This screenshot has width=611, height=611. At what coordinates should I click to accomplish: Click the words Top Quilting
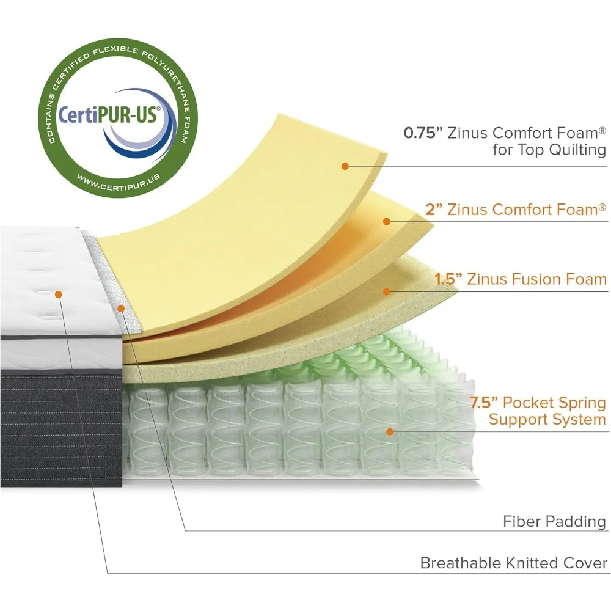click(x=561, y=150)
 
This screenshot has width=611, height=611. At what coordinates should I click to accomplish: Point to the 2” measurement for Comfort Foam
click(x=434, y=210)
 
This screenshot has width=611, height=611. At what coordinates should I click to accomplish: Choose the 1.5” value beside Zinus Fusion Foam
click(x=448, y=279)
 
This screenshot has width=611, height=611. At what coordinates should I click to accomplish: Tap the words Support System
click(x=547, y=419)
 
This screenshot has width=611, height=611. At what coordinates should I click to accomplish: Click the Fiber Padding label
click(x=554, y=522)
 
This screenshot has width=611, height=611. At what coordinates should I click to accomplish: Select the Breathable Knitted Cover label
click(x=514, y=563)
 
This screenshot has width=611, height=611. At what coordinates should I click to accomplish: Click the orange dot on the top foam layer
click(x=345, y=166)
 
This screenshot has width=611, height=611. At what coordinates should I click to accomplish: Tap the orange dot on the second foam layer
click(x=386, y=221)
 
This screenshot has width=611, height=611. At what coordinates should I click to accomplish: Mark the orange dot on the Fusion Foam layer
click(x=386, y=291)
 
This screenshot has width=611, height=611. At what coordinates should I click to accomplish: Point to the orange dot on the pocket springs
click(x=389, y=431)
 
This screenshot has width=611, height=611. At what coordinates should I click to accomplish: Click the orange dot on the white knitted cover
click(x=59, y=294)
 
